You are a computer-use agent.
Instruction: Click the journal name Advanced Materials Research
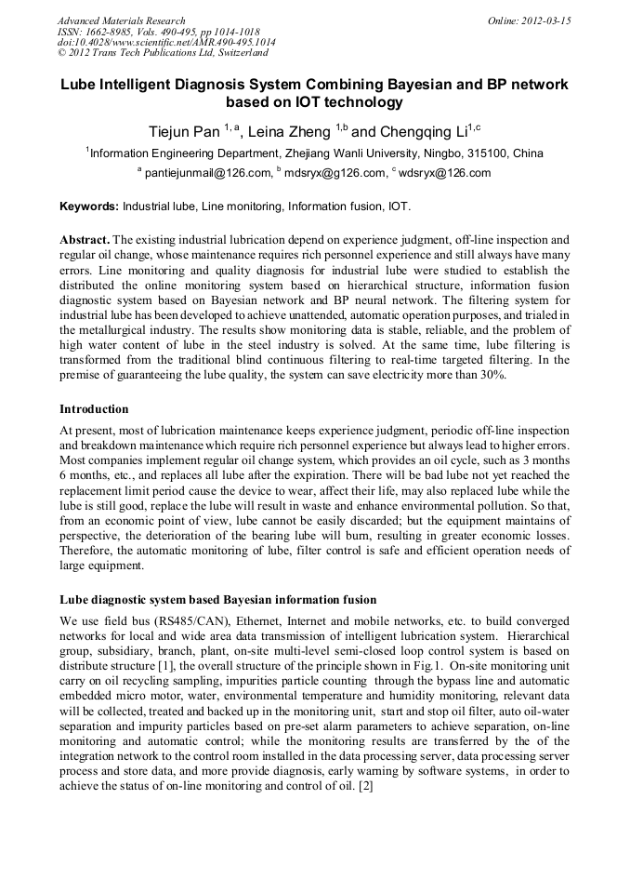(121, 20)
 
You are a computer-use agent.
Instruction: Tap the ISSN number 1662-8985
(116, 32)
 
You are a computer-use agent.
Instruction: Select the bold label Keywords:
(89, 206)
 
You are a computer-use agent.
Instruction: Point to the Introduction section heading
(94, 409)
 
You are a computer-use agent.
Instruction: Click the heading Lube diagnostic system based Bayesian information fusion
(218, 600)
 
